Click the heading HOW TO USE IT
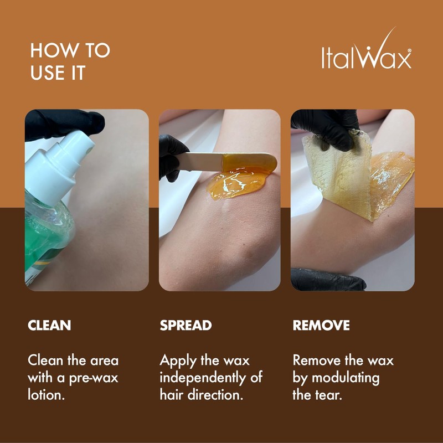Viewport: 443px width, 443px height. [70, 61]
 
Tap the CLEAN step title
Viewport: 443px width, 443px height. [49, 325]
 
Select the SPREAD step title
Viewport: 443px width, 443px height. [186, 325]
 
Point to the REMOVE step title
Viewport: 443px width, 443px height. [321, 325]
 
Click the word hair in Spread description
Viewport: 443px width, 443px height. [172, 396]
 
